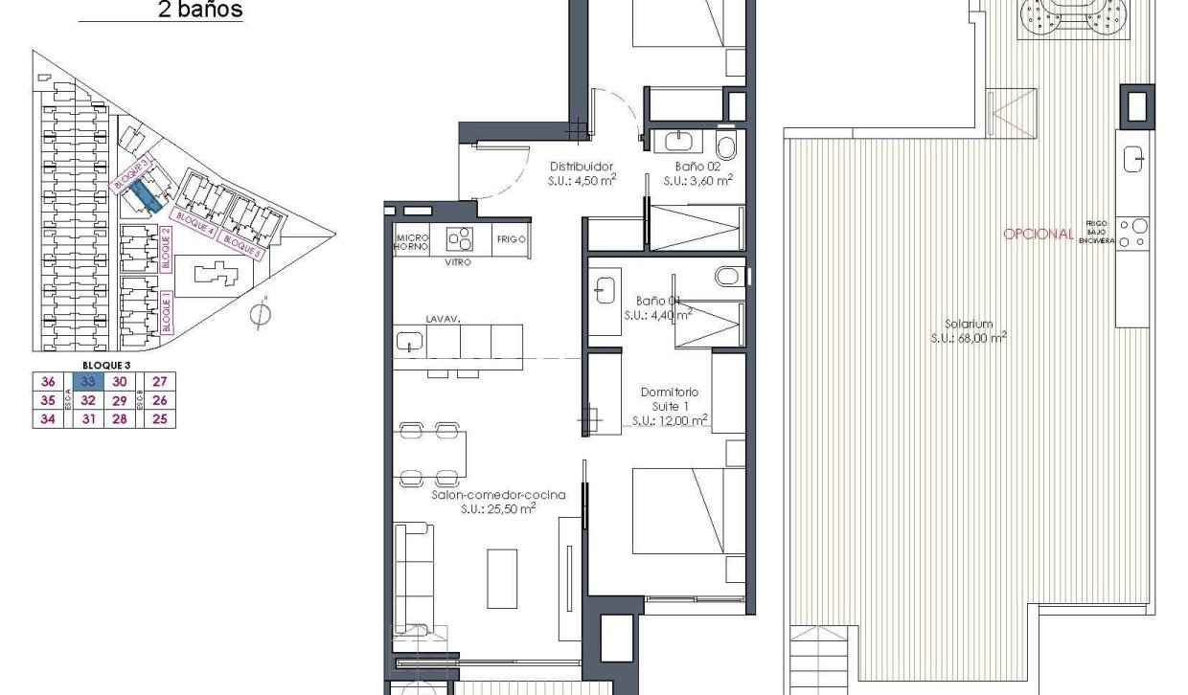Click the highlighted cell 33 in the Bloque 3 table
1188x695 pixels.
pyautogui.click(x=86, y=382)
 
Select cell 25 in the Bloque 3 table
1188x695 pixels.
pyautogui.click(x=160, y=418)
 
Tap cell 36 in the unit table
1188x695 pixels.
pyautogui.click(x=47, y=382)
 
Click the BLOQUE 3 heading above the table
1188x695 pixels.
pyautogui.click(x=106, y=365)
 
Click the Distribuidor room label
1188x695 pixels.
pyautogui.click(x=581, y=166)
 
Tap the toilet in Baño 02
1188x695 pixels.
pyautogui.click(x=726, y=146)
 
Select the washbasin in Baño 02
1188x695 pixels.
pyautogui.click(x=679, y=142)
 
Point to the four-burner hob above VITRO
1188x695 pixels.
pyautogui.click(x=459, y=238)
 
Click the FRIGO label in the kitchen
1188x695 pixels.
pyautogui.click(x=511, y=239)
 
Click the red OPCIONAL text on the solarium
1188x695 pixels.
pyautogui.click(x=1038, y=234)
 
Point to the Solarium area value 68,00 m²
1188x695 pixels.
pyautogui.click(x=970, y=337)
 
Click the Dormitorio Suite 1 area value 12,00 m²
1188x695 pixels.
pyautogui.click(x=670, y=419)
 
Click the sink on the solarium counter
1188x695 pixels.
pyautogui.click(x=1133, y=156)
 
